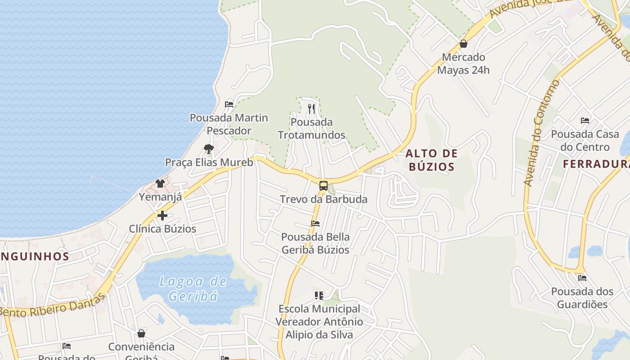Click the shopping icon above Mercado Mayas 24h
[463, 44]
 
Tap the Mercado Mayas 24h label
[463, 64]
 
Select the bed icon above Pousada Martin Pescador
[229, 104]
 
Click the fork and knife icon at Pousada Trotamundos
[311, 108]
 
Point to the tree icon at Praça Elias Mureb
[208, 149]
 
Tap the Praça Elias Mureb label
[209, 162]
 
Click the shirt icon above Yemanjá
[160, 183]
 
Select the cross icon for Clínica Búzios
[162, 216]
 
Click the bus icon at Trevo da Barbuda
[323, 185]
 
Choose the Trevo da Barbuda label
[324, 199]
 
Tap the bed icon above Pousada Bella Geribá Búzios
[315, 224]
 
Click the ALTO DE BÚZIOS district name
[431, 160]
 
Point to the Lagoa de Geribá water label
[193, 289]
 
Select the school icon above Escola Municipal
[319, 296]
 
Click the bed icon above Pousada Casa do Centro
[585, 121]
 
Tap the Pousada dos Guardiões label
[582, 298]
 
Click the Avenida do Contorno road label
[541, 133]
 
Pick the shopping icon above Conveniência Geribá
[141, 333]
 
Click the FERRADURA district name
[596, 164]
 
